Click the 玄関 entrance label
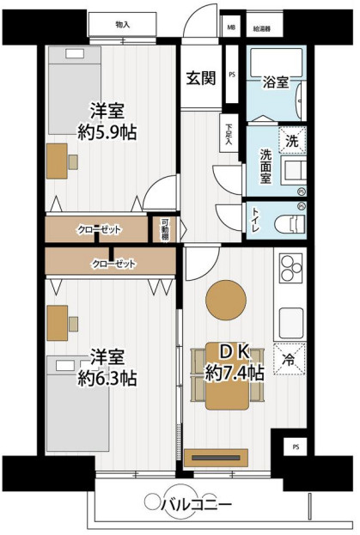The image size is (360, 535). pos(200,78)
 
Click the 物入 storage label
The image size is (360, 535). pos(122,25)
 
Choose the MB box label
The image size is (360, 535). pos(230,28)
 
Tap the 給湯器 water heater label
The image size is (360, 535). pos(261,28)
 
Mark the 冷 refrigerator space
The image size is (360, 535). pos(290,359)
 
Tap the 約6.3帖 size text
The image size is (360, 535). pos(109,377)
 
